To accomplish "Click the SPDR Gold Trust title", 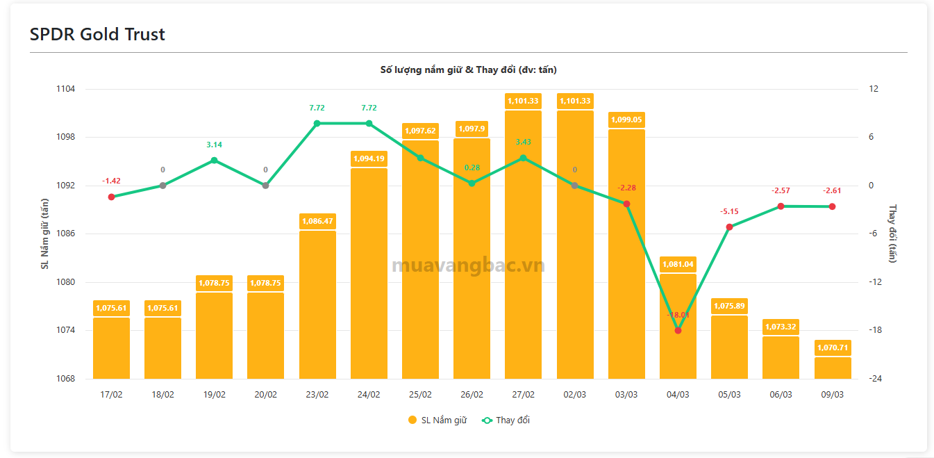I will [97, 34].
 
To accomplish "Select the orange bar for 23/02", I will [317, 306].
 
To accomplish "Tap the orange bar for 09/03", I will [832, 368].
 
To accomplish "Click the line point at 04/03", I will [678, 330].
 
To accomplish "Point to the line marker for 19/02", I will [214, 161].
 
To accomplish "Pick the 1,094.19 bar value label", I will [369, 158].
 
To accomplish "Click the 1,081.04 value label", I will [678, 264].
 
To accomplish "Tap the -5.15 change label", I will [729, 211].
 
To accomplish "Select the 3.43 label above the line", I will [523, 142].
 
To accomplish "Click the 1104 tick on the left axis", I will [66, 89].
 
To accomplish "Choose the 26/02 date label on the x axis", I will [472, 394].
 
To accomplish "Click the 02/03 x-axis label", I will [574, 394].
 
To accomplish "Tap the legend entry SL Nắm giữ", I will [437, 420].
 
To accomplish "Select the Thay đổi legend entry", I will [506, 420].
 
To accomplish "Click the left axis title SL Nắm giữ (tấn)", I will [44, 234].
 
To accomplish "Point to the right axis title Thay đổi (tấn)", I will [893, 234].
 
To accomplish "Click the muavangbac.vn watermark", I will [468, 265].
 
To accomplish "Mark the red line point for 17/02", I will [111, 197].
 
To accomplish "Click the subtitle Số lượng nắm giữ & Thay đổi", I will [468, 69].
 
